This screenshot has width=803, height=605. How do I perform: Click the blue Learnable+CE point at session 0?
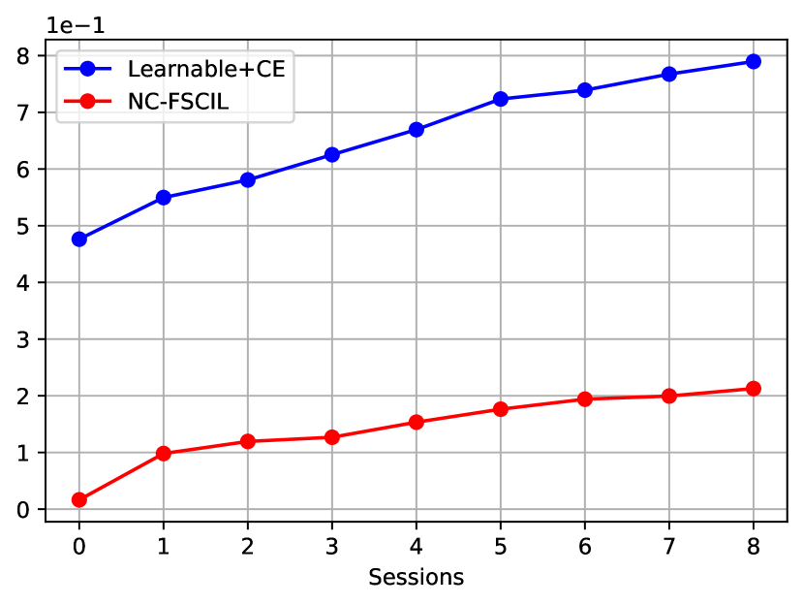click(78, 239)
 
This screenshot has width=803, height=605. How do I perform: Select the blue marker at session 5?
click(500, 99)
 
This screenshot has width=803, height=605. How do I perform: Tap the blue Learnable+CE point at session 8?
click(753, 61)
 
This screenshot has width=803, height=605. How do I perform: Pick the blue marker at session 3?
click(331, 154)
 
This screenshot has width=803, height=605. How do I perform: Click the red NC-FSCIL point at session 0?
click(78, 499)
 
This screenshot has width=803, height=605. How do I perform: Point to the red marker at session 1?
click(163, 453)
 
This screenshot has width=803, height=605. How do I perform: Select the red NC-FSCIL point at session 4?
click(416, 422)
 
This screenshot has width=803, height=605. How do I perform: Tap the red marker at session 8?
click(753, 389)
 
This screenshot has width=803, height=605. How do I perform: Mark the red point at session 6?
click(584, 398)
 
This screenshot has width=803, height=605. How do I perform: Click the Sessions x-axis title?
click(416, 578)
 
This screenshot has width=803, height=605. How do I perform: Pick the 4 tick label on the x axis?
click(416, 548)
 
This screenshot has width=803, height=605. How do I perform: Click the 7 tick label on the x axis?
click(668, 548)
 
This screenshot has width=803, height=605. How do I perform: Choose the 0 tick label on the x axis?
click(78, 548)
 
